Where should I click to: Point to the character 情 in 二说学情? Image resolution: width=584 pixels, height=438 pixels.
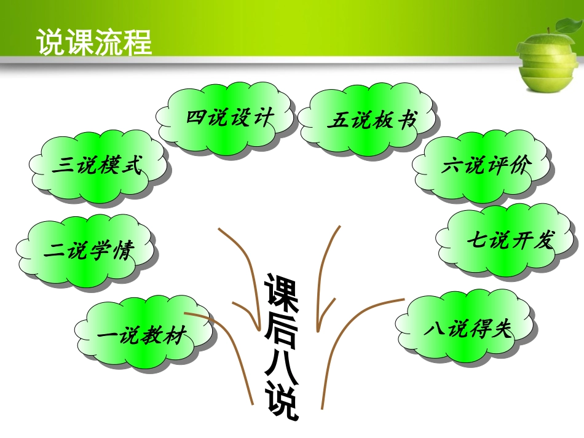click(123, 251)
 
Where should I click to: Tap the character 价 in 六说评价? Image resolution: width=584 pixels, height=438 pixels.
click(518, 166)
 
